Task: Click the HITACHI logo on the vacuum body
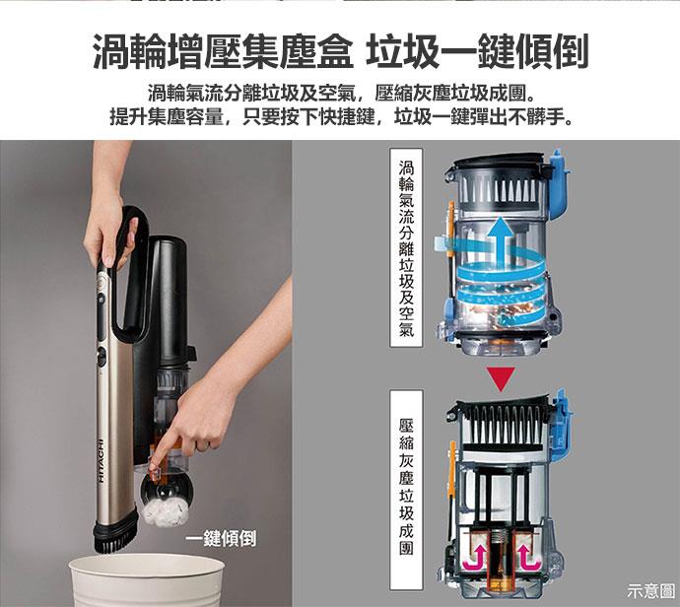[x=102, y=461]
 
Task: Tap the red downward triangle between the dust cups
[x=501, y=377]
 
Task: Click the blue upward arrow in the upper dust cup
[x=500, y=242]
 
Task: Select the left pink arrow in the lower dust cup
[x=474, y=560]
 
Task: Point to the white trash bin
[x=147, y=580]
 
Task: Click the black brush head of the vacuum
[x=114, y=532]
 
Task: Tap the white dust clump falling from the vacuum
[x=166, y=511]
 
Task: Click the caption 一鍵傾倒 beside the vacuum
[x=221, y=539]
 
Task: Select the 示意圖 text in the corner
[x=650, y=590]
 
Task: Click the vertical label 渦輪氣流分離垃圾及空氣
[x=406, y=248]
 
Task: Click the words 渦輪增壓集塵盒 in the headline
[x=222, y=51]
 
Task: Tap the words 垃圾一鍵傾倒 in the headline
[x=477, y=51]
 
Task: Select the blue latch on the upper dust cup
[x=560, y=184]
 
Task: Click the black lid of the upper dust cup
[x=500, y=162]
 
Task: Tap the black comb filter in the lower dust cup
[x=503, y=424]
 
